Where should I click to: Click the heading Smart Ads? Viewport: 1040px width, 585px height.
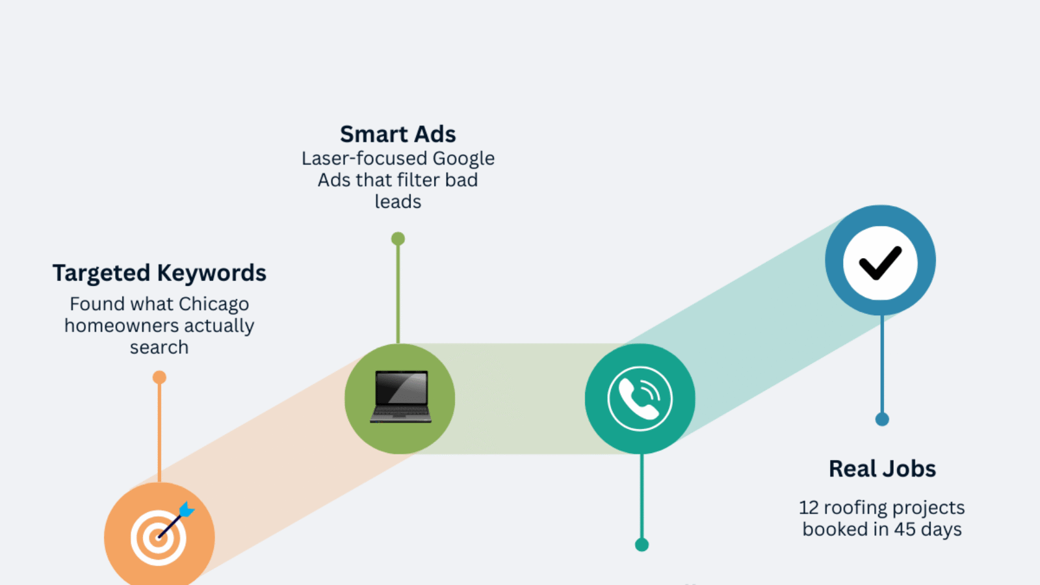click(398, 134)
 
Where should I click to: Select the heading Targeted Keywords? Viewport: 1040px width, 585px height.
click(159, 273)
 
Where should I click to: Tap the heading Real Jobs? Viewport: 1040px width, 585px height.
click(882, 469)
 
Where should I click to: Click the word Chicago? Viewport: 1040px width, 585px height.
click(214, 304)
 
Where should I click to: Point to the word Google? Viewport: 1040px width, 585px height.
click(463, 159)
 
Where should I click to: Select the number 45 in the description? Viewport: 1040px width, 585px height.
click(905, 529)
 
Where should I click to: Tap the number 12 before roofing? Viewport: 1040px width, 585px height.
click(809, 508)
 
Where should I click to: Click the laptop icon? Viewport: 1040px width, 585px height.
click(400, 396)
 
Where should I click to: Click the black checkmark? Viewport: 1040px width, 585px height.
click(880, 263)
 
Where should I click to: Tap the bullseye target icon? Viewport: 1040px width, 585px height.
click(158, 538)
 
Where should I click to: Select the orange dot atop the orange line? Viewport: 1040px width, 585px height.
click(159, 378)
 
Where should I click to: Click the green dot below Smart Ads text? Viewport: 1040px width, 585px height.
click(398, 239)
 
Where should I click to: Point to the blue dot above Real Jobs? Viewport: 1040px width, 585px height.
click(882, 419)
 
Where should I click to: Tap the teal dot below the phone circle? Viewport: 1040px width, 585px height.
click(642, 545)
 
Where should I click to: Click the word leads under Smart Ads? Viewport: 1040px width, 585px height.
click(398, 202)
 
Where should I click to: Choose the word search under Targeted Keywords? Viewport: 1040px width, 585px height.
click(159, 348)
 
